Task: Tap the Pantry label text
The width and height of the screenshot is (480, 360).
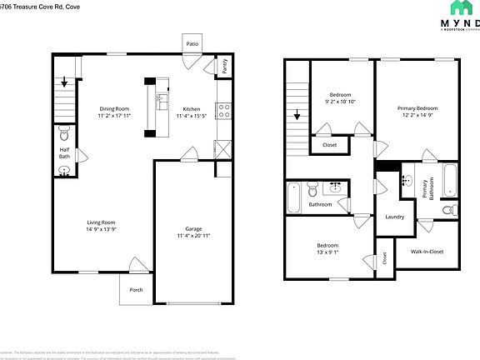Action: [224, 66]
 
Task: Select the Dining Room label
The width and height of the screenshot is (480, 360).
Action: [115, 108]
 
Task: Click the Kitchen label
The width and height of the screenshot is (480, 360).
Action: [192, 108]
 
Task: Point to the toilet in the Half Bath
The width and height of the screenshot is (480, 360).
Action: [64, 133]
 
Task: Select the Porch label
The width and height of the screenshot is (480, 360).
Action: [136, 290]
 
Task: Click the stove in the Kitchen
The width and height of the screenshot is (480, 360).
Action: [223, 109]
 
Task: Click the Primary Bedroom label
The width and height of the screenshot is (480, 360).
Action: [417, 108]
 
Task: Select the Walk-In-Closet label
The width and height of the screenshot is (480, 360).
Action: [427, 251]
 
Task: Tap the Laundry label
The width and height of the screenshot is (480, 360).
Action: [394, 217]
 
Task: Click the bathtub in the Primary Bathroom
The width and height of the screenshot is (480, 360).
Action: [449, 179]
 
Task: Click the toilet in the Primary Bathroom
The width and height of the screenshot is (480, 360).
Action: [447, 208]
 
